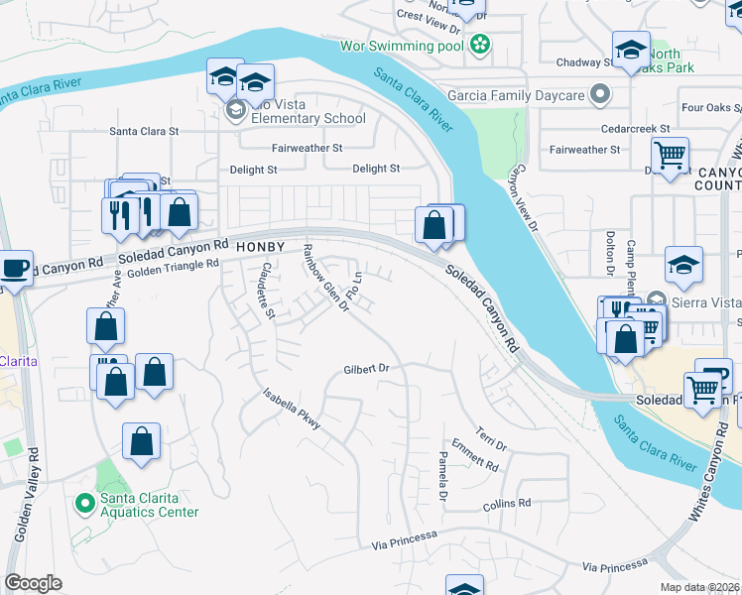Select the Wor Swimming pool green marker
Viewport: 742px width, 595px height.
click(x=480, y=44)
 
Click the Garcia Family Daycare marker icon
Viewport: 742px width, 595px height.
click(x=600, y=95)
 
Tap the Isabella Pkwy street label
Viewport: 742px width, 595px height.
click(x=292, y=408)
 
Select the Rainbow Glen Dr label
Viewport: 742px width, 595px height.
click(x=325, y=278)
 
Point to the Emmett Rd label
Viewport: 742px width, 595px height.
click(x=474, y=456)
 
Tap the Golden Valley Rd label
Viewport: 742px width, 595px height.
click(x=26, y=506)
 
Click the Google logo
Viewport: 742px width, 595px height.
click(x=33, y=583)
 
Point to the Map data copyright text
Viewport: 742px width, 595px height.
click(x=700, y=587)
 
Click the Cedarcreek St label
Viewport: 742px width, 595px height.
click(x=635, y=129)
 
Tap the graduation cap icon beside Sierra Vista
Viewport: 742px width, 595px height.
click(x=684, y=265)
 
